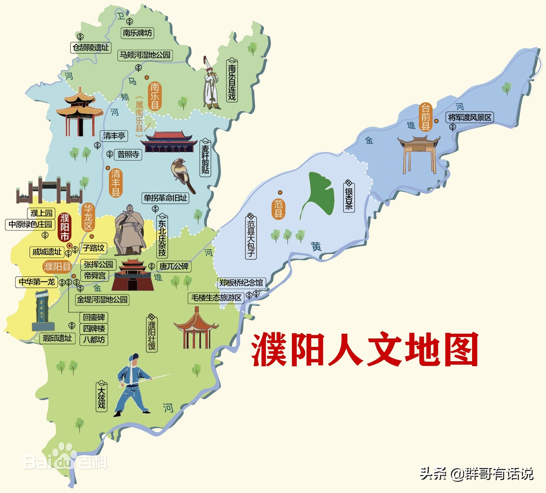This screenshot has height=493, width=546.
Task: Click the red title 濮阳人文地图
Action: click(365, 349)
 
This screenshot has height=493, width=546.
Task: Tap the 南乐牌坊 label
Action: click(137, 33)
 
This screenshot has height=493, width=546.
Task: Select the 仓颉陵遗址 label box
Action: click(91, 48)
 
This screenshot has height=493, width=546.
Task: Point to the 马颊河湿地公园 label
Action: click(145, 55)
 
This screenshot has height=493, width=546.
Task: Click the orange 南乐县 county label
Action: click(155, 96)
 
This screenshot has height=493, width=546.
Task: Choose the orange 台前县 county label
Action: click(425, 117)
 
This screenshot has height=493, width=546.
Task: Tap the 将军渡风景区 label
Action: click(469, 117)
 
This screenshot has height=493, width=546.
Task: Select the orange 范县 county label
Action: click(278, 209)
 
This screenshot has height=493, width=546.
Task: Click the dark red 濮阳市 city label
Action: click(65, 227)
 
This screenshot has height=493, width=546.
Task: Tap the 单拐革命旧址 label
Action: click(165, 198)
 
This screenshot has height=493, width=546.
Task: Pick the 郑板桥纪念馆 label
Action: click(241, 283)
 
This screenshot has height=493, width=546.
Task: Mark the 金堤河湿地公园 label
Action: click(102, 300)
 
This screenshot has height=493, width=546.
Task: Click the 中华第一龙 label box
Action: click(37, 282)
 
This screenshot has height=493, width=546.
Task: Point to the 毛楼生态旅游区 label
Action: click(216, 298)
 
